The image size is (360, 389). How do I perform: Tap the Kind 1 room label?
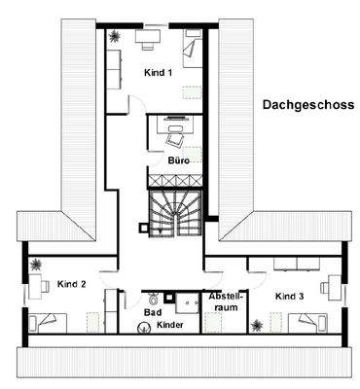(159, 73)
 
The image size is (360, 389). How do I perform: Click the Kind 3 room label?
(290, 295)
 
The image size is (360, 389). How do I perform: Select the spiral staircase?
(173, 213)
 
